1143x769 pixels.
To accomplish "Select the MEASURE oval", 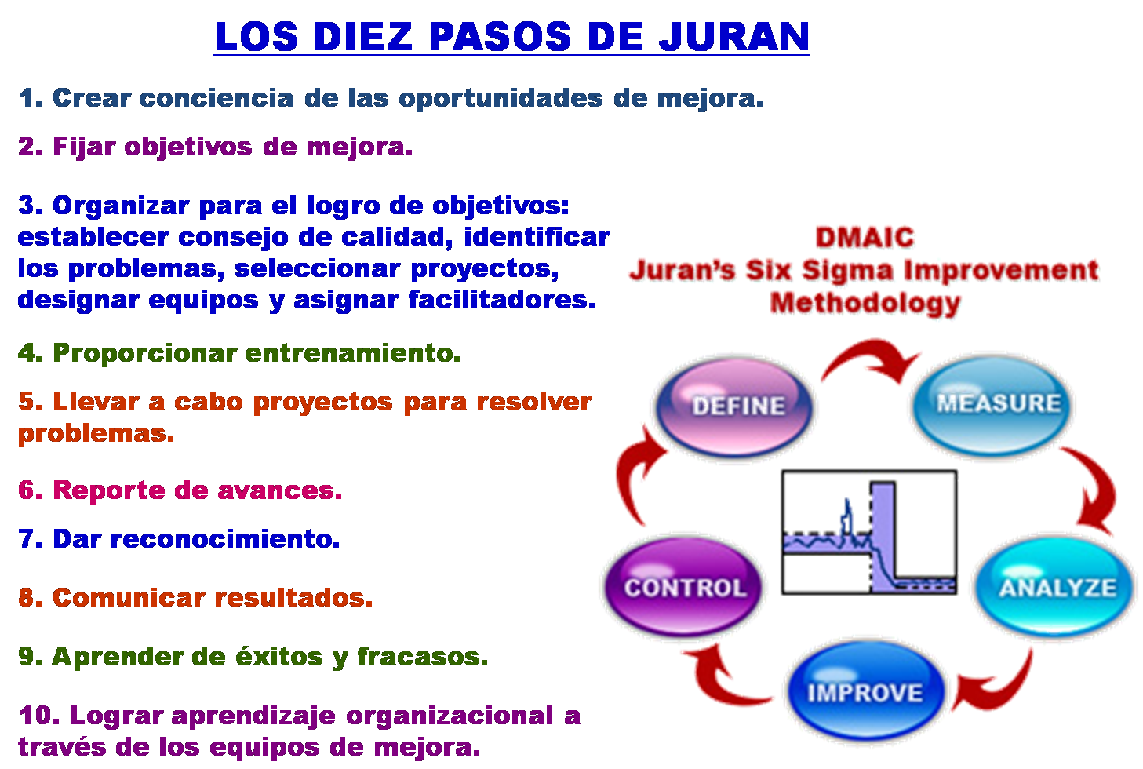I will coord(997,403).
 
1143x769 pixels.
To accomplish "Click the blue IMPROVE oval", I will coord(865,693).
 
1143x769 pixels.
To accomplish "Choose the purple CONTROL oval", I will coord(684,588).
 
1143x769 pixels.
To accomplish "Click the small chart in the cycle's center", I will coord(869,532).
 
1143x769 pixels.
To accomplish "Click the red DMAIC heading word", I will coord(865,237).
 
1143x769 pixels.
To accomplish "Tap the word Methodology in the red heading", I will coord(865,303).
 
